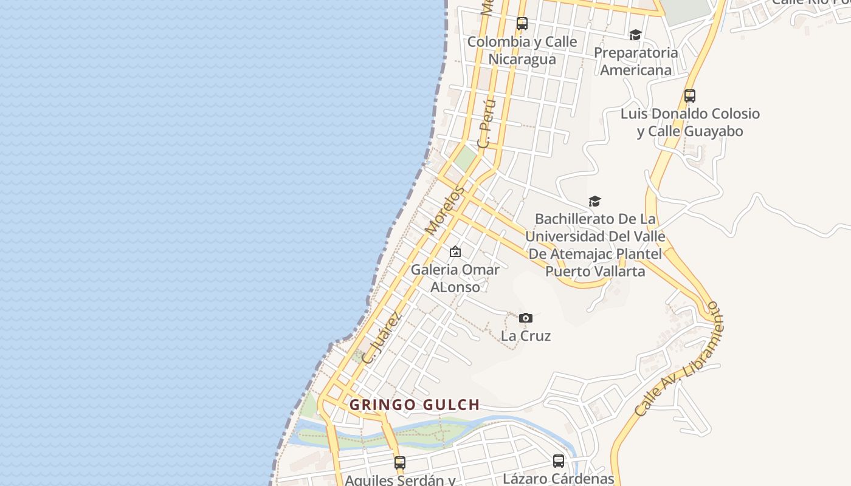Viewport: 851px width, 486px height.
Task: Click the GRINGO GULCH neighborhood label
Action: click(415, 405)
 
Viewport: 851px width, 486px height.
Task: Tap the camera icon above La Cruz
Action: click(526, 318)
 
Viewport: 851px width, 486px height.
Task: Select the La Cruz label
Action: click(526, 336)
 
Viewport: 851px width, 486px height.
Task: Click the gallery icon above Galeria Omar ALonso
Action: click(455, 251)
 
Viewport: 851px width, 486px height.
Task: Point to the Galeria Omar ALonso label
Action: click(455, 278)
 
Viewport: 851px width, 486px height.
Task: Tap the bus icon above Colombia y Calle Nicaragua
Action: click(522, 24)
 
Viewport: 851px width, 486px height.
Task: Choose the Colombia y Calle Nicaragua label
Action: click(522, 50)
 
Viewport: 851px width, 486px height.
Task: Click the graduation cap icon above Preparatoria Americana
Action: click(635, 35)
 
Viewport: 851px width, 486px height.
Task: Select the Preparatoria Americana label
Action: click(636, 61)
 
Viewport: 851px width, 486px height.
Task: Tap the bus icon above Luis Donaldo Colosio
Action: click(689, 95)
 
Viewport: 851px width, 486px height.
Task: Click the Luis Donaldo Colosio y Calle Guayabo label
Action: click(690, 123)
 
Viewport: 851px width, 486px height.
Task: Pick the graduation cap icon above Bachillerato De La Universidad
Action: click(594, 201)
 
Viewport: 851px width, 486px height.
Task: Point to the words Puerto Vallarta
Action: click(595, 272)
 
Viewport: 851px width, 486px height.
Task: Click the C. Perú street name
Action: click(487, 123)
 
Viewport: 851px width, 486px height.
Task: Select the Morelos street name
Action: click(444, 211)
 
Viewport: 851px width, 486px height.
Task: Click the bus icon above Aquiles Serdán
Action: click(399, 462)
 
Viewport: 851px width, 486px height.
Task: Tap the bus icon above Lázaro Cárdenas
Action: click(559, 460)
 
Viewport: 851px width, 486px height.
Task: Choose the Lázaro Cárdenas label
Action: click(559, 478)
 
